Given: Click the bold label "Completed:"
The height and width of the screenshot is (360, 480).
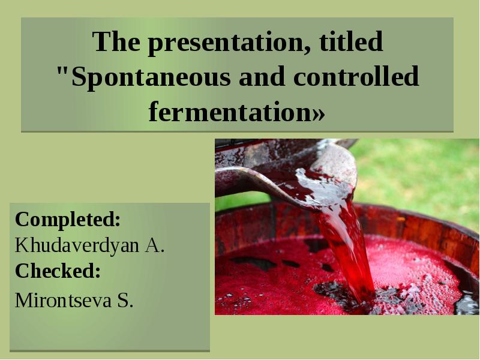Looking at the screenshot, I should click(x=68, y=220).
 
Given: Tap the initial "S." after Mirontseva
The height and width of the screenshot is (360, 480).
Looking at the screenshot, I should click(x=125, y=300).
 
